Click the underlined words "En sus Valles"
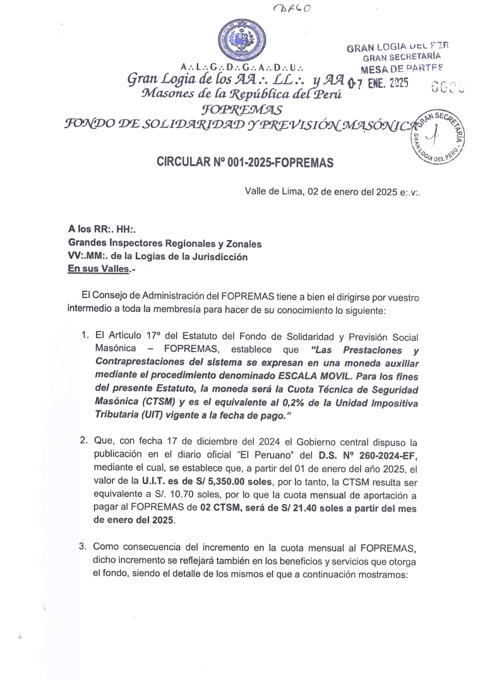pyautogui.click(x=96, y=268)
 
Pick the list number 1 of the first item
pyautogui.click(x=84, y=333)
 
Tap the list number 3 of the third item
pyautogui.click(x=84, y=546)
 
